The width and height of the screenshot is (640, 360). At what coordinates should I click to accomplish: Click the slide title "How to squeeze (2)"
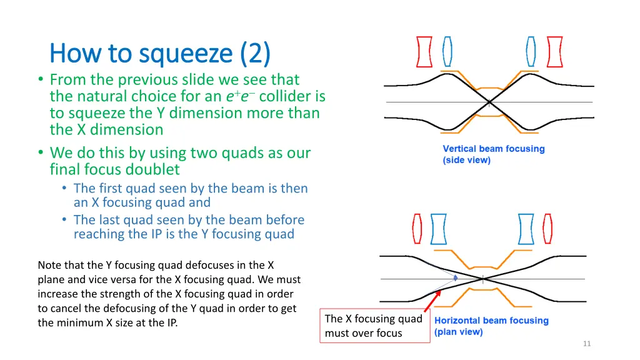point(159,54)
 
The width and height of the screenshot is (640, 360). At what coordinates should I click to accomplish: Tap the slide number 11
point(586,344)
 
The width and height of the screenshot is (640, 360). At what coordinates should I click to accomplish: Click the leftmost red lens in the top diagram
point(424,52)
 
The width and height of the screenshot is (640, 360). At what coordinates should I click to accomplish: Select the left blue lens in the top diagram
point(447,52)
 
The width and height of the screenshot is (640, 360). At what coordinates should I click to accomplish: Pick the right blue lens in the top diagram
point(531,52)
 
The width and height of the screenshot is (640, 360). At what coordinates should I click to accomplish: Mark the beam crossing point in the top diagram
point(489,102)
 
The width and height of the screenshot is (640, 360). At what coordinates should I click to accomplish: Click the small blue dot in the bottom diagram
point(456,277)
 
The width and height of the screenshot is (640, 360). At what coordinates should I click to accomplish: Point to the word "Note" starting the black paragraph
point(49,265)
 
